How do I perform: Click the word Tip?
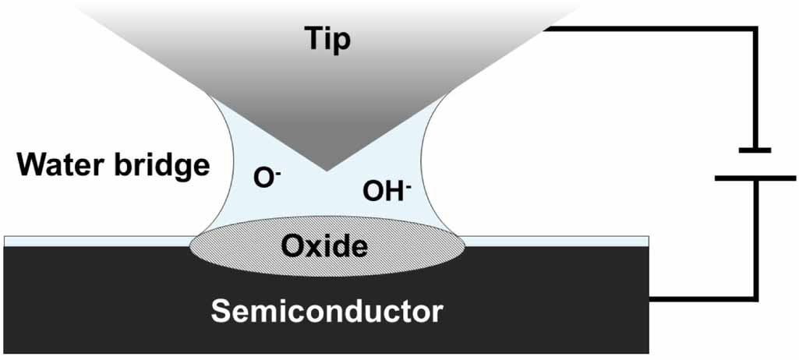pos(327,39)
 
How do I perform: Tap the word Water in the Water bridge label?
pos(64,165)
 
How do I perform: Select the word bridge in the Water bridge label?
pos(164,165)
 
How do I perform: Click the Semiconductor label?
pos(327,312)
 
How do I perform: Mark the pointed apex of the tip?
pos(327,169)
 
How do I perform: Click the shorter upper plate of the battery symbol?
pos(753,150)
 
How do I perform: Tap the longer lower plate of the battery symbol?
pos(753,178)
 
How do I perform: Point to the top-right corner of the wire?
pos(755,30)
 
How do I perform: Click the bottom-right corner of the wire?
pos(755,298)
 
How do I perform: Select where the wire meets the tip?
pos(546,30)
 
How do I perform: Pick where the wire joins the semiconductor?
pos(651,298)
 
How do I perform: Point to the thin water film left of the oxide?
pos(94,241)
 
